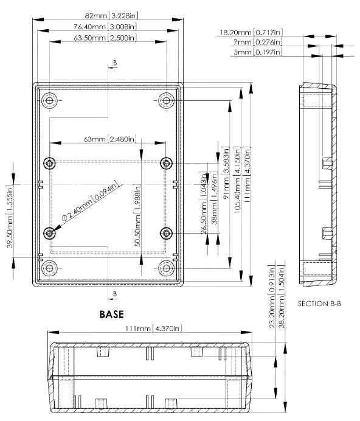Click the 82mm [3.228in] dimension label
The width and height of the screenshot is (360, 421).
tap(111, 16)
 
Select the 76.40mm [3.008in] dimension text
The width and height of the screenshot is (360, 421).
tap(105, 27)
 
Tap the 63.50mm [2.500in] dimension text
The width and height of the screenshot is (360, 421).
tap(105, 38)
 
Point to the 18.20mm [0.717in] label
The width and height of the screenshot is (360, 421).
tap(251, 32)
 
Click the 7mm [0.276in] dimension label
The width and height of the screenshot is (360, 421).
tap(258, 42)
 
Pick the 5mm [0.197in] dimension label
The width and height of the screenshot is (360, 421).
tap(258, 52)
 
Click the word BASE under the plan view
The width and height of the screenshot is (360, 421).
tap(112, 315)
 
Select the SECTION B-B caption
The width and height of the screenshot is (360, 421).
tap(319, 304)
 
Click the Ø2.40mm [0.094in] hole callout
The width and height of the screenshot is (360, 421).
tap(90, 201)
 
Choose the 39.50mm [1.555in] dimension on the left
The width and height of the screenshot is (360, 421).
tap(10, 217)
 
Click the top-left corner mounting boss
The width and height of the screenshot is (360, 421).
tap(49, 100)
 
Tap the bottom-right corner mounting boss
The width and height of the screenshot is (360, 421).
tap(166, 268)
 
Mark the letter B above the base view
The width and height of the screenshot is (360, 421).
tap(115, 63)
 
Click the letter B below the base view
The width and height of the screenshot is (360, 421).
tap(115, 294)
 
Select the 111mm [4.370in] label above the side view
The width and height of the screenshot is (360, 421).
tap(154, 329)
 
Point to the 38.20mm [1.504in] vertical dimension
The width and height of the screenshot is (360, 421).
tap(282, 297)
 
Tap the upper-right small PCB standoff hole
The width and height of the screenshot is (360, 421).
tap(166, 163)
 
